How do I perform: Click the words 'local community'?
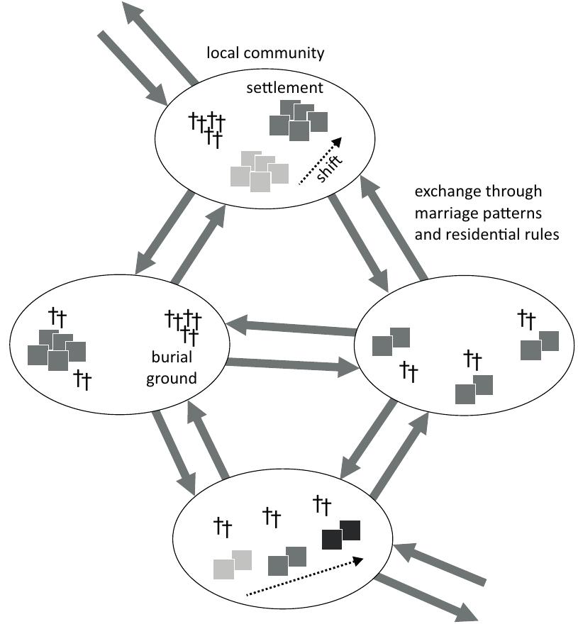[x=265, y=52]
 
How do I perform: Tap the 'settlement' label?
[x=285, y=88]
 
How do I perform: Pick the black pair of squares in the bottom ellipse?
[x=341, y=535]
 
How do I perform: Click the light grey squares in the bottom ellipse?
[x=233, y=564]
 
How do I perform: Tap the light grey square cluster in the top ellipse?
[x=260, y=171]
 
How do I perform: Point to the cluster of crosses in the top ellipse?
[x=207, y=128]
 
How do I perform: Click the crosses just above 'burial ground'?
[x=183, y=323]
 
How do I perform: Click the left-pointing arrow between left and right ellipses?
[x=291, y=328]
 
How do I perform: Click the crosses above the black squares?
[x=322, y=505]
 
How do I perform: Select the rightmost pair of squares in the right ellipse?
[x=539, y=345]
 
